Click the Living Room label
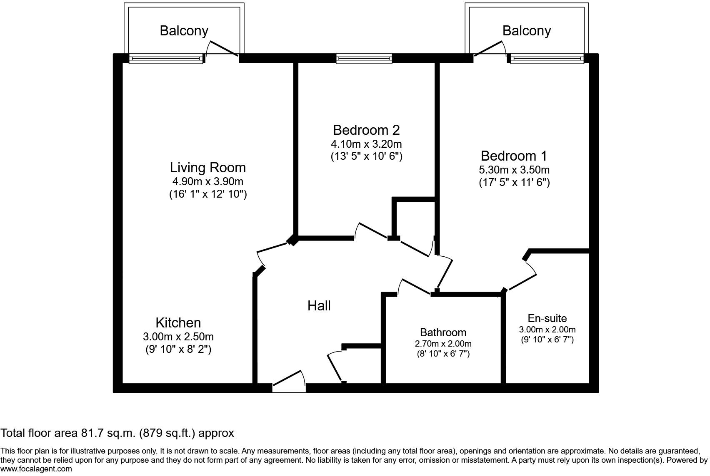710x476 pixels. point(207,167)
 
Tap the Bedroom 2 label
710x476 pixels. point(366,130)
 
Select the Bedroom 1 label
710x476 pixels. point(514,156)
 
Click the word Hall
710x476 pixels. point(319,306)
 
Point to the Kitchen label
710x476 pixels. point(178,322)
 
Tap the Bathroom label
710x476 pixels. point(443,332)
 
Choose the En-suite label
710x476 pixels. point(547,318)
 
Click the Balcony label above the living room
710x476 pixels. point(184,30)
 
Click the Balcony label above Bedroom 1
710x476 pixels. point(526,30)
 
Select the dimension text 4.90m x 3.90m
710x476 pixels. point(207,181)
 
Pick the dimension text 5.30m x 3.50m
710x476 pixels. point(514,170)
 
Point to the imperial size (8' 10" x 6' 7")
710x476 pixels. point(443,354)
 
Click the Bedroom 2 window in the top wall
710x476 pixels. point(364,59)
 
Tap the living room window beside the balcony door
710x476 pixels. point(166,59)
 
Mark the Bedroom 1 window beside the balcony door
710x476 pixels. point(547,59)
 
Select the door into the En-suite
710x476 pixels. point(522,277)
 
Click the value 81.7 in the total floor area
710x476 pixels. point(91,433)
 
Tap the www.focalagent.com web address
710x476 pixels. point(36,469)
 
